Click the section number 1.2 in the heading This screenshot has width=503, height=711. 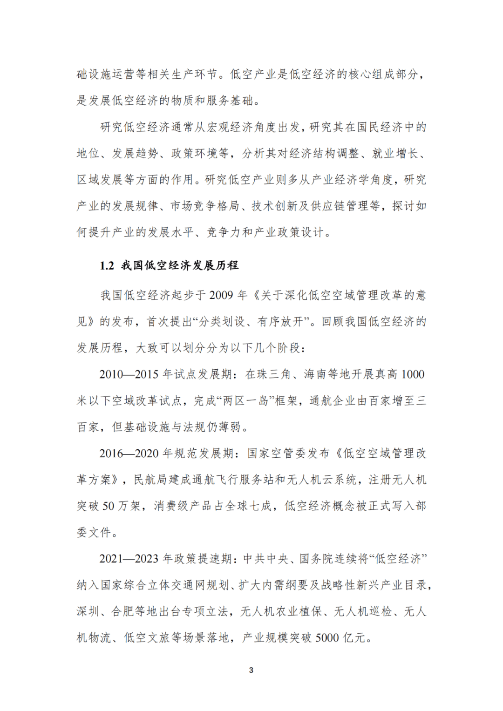coord(107,266)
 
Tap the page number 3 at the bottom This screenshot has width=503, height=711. coord(251,670)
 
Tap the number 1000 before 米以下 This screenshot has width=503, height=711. coord(413,374)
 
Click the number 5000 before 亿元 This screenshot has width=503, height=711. coord(327,638)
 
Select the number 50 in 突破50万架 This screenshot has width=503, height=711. coord(108,506)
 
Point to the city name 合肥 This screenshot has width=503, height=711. coord(122,611)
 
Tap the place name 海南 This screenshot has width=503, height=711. coord(315,374)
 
